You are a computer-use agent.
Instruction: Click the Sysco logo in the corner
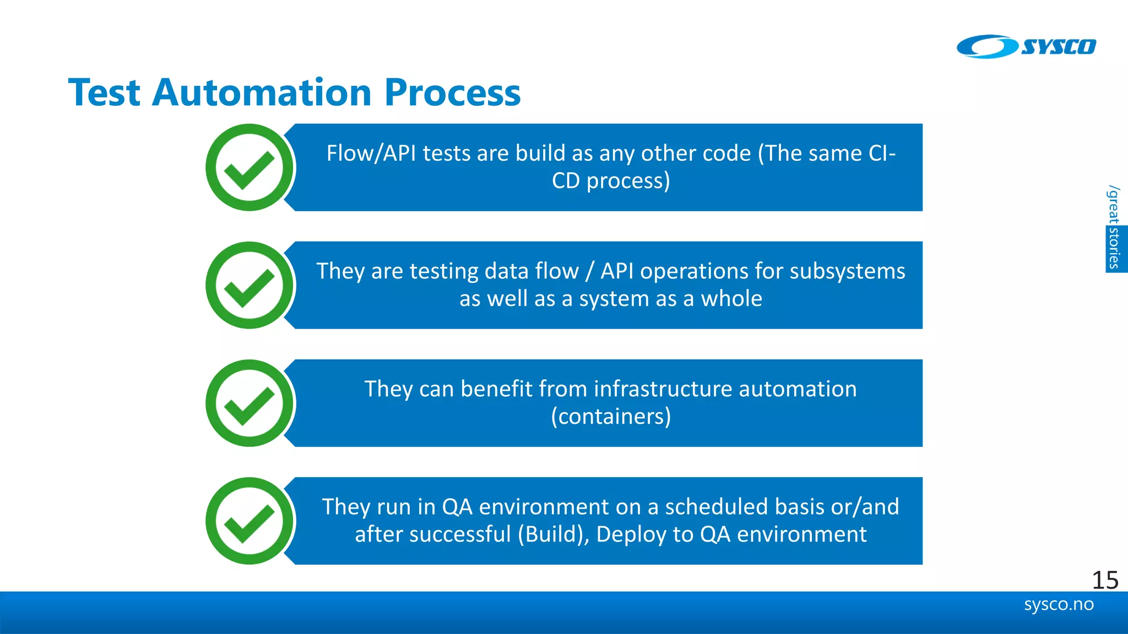click(1026, 47)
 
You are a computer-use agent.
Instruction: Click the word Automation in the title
click(262, 92)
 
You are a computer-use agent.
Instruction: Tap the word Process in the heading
click(452, 92)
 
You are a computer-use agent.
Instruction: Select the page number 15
click(1104, 580)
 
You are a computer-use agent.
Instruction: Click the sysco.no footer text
click(1058, 604)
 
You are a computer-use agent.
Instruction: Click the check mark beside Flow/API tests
click(250, 168)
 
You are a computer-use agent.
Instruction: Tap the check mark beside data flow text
click(250, 286)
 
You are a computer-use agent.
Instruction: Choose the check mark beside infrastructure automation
click(250, 403)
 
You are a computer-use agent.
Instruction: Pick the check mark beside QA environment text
click(250, 521)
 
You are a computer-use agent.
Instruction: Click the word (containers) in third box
click(611, 417)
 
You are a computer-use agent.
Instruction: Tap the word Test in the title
click(104, 92)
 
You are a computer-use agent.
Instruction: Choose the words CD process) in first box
click(611, 181)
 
